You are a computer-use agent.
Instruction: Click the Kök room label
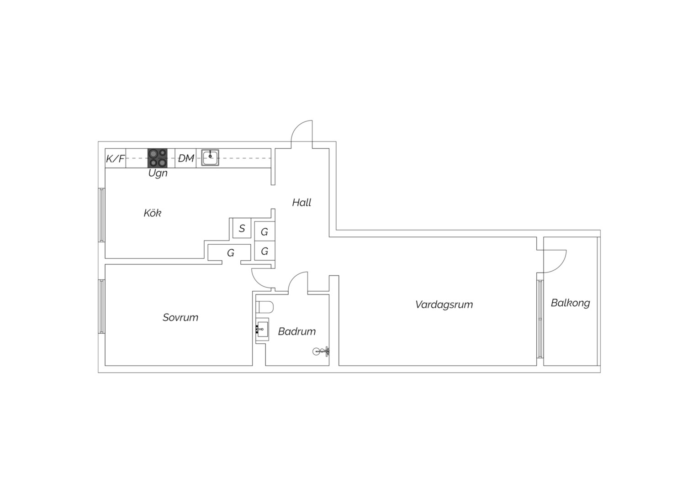pyautogui.click(x=153, y=213)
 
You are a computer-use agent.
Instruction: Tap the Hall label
pyautogui.click(x=301, y=203)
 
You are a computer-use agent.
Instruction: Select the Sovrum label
pyautogui.click(x=180, y=317)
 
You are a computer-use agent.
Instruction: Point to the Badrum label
pyautogui.click(x=296, y=331)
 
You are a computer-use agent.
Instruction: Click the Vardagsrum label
pyautogui.click(x=444, y=304)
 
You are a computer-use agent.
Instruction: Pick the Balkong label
pyautogui.click(x=570, y=303)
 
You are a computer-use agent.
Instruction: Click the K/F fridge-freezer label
pyautogui.click(x=115, y=159)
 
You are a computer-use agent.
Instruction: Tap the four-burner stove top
pyautogui.click(x=157, y=158)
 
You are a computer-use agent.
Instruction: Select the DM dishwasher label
pyautogui.click(x=186, y=158)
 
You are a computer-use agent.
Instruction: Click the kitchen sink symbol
pyautogui.click(x=210, y=157)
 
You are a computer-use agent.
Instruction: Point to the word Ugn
pyautogui.click(x=158, y=173)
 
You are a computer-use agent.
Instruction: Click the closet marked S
pyautogui.click(x=242, y=228)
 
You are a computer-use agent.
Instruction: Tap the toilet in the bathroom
pyautogui.click(x=264, y=307)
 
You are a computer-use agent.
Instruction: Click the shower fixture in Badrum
pyautogui.click(x=321, y=351)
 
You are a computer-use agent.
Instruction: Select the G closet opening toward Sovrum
pyautogui.click(x=231, y=253)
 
